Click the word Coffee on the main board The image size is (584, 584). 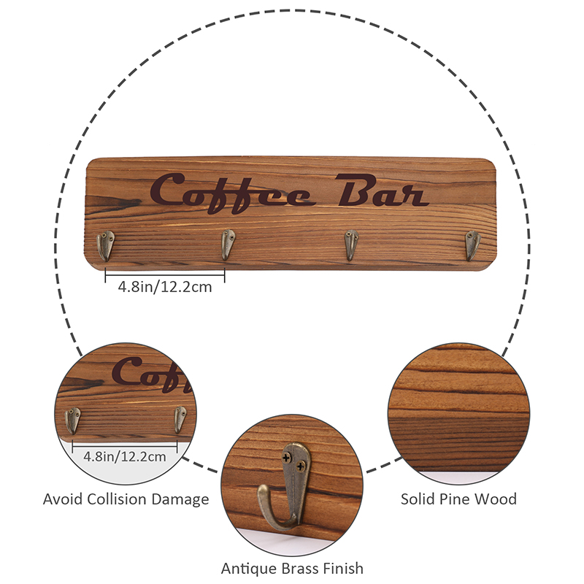[x=233, y=193]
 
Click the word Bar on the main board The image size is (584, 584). [x=382, y=190]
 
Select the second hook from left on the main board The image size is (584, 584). [x=228, y=245]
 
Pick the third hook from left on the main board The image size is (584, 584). [x=351, y=245]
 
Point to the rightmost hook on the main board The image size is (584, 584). [x=472, y=245]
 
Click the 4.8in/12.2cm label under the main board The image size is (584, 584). [x=165, y=287]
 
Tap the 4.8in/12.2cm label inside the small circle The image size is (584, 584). [x=124, y=456]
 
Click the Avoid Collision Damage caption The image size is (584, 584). [x=126, y=499]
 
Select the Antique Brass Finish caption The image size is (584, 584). [x=292, y=569]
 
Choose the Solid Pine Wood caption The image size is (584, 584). [x=458, y=499]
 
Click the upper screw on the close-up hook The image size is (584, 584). [x=287, y=458]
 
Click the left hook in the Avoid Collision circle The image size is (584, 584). [x=72, y=421]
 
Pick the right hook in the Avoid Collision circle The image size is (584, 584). [x=180, y=419]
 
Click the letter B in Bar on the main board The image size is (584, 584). [x=355, y=190]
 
